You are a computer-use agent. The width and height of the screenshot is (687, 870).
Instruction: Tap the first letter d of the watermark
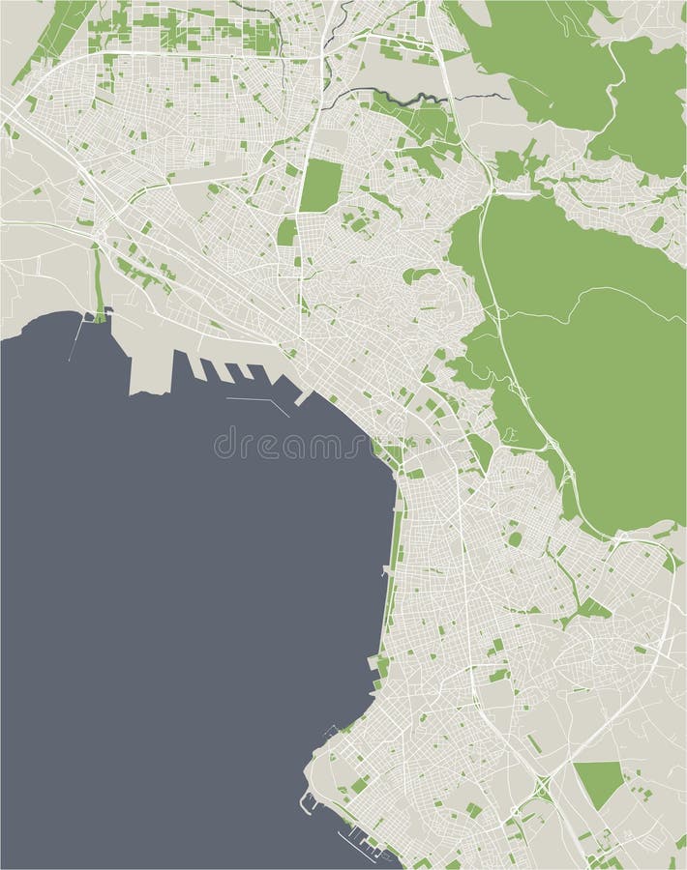point(222,446)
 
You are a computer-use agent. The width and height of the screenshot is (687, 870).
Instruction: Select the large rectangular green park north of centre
point(321,185)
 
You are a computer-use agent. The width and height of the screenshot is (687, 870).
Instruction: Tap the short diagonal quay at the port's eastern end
point(303,397)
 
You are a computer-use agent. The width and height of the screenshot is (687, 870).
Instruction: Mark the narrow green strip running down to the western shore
point(98,280)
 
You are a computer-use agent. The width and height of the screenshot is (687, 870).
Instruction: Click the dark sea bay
point(174,580)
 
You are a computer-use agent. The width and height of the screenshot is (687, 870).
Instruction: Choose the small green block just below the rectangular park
point(286,232)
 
